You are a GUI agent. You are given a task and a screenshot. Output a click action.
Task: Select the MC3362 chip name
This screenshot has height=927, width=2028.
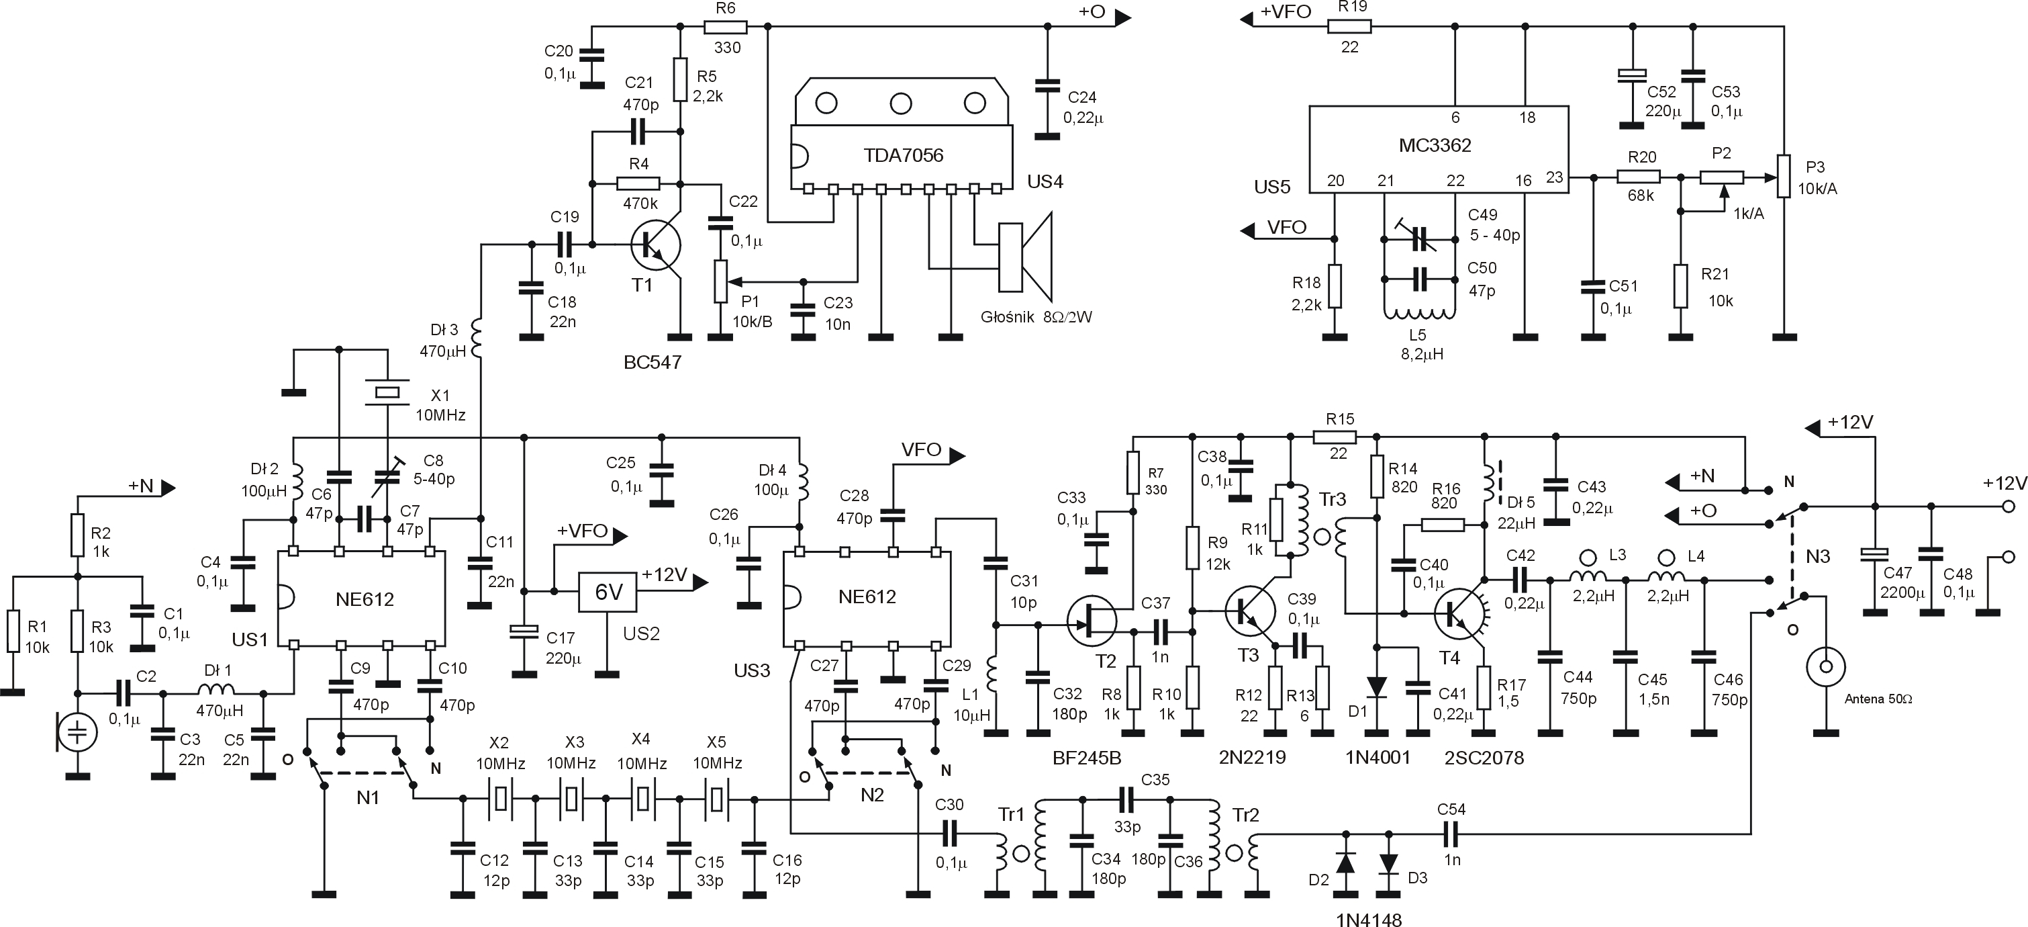(1435, 146)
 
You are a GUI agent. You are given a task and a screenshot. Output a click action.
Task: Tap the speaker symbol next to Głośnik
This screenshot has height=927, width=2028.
(1024, 257)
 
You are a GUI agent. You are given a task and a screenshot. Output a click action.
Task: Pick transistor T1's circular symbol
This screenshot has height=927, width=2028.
(655, 246)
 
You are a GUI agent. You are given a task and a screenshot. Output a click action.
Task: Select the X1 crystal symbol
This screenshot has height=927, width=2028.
(387, 392)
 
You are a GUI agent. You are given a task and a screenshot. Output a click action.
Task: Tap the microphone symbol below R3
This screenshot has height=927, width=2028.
(77, 732)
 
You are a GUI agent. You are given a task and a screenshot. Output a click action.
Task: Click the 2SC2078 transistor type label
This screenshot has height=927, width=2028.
(1484, 758)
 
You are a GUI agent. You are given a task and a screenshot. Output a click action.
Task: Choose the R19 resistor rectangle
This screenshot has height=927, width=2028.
(1349, 27)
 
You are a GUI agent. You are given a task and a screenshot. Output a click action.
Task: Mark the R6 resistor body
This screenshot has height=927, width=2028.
(725, 27)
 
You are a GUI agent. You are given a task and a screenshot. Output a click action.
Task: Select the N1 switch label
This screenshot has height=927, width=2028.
(368, 797)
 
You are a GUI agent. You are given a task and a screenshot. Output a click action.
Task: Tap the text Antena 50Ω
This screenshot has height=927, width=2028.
(1878, 699)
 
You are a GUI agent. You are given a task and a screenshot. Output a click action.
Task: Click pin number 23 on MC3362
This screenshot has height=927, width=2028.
(1554, 177)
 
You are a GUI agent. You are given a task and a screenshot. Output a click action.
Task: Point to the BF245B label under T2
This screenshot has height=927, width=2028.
(1086, 758)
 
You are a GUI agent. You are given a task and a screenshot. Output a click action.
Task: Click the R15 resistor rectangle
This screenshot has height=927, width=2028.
(1337, 437)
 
